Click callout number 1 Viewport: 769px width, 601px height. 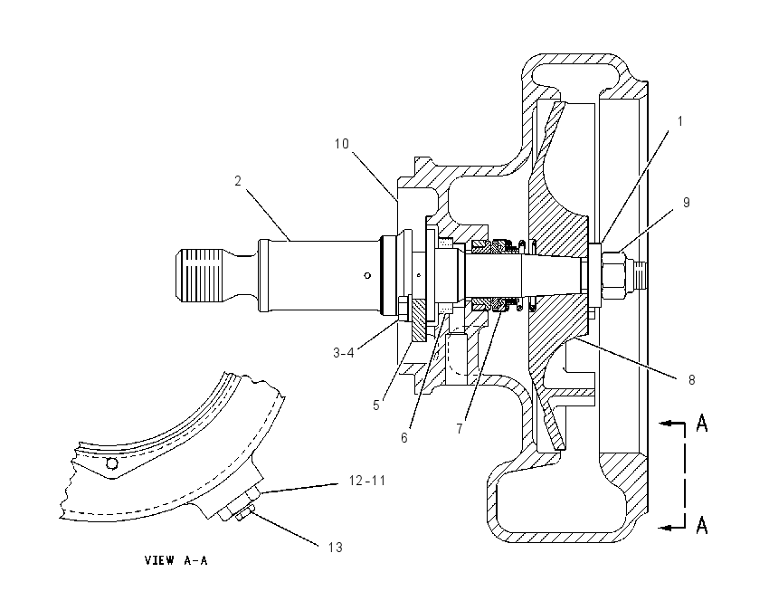[x=679, y=121]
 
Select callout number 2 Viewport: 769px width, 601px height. [x=238, y=181]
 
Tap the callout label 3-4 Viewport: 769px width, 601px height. [x=343, y=353]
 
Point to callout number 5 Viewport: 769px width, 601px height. [x=376, y=405]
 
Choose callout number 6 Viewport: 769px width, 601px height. [x=404, y=438]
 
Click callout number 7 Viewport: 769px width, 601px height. [x=460, y=429]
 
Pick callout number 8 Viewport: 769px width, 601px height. [x=691, y=380]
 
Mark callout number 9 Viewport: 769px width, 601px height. [x=687, y=203]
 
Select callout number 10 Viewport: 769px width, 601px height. [x=342, y=144]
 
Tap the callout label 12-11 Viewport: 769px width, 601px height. [x=367, y=481]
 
